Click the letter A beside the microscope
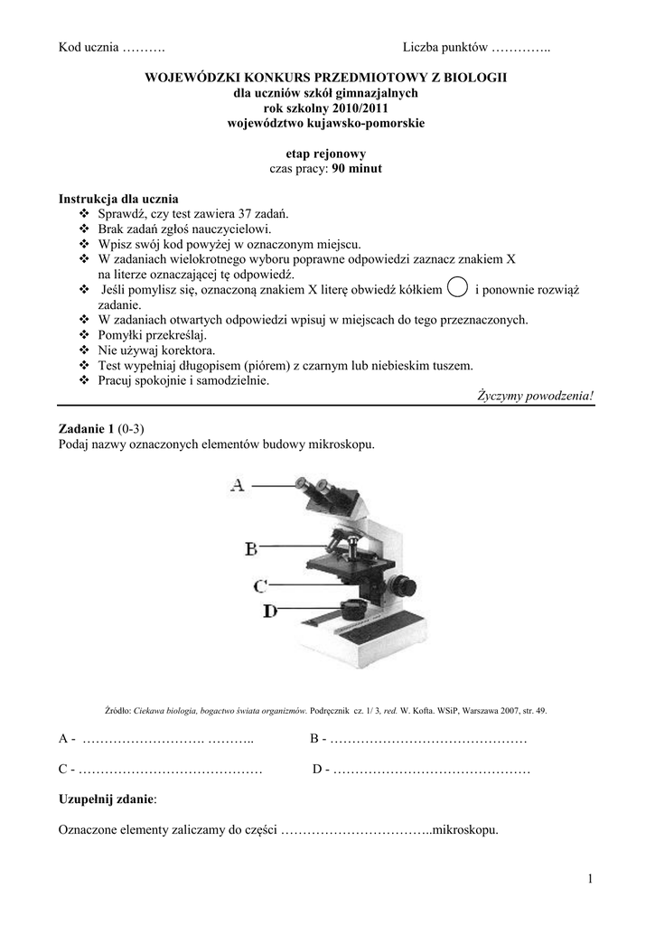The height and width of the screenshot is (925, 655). coord(238,485)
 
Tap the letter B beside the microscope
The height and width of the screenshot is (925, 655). coord(253,547)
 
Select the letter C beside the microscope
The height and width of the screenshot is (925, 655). coord(259,584)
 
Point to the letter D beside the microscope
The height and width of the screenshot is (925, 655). coord(268,612)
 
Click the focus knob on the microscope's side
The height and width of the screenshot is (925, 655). coord(410,584)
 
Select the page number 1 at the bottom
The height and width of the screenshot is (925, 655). coord(587,879)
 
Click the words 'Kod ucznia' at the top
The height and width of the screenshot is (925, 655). coord(89,47)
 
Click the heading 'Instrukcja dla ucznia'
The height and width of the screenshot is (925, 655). coord(118,199)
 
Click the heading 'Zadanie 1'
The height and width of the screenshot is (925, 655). coord(86,429)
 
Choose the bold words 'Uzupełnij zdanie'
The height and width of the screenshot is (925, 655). coord(106,799)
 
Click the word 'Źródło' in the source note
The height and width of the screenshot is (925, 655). coord(118,711)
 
